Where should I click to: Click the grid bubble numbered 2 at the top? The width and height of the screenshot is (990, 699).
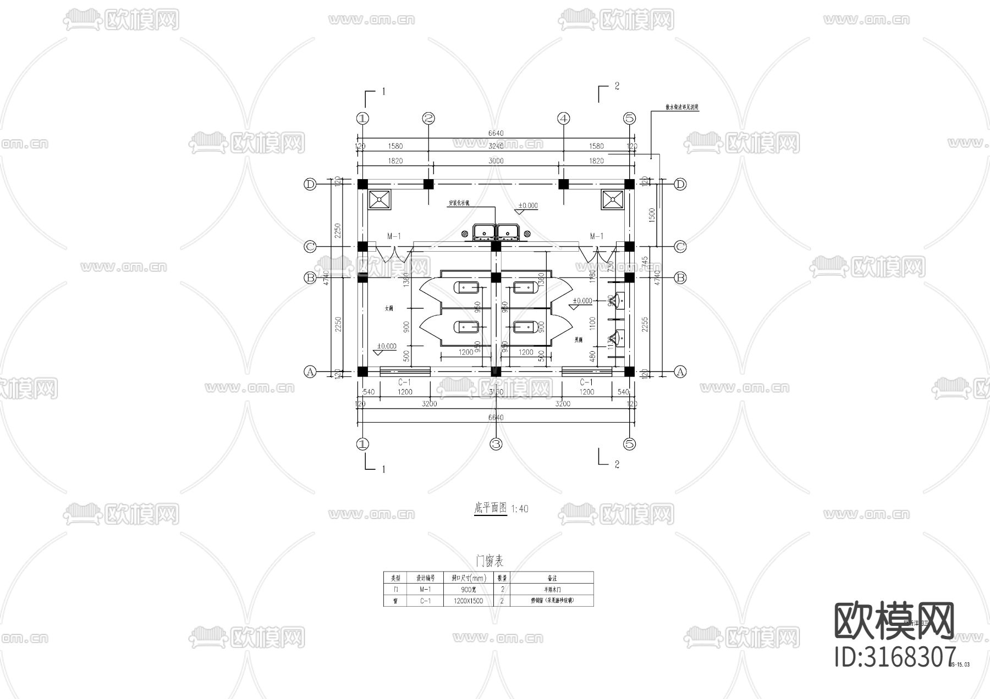(x=429, y=118)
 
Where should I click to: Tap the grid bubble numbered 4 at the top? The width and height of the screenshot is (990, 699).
(x=564, y=118)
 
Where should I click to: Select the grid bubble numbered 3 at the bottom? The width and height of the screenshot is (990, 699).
(x=496, y=443)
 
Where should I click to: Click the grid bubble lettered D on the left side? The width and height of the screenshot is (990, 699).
(x=310, y=184)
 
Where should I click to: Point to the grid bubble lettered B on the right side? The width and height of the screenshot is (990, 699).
(x=680, y=278)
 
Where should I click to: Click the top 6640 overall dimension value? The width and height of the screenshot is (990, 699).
(x=496, y=134)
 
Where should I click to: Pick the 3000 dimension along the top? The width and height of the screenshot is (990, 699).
(x=496, y=161)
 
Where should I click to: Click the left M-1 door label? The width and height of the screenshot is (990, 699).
(x=394, y=236)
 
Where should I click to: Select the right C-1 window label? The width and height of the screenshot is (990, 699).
(x=587, y=382)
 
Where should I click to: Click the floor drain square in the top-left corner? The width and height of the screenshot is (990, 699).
(x=380, y=200)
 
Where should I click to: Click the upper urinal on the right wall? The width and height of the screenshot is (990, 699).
(x=619, y=300)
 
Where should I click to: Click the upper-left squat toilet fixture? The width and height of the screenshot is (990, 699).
(x=468, y=287)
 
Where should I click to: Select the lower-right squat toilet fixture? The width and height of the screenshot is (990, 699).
(x=526, y=328)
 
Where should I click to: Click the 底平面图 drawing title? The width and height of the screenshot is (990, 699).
(x=490, y=508)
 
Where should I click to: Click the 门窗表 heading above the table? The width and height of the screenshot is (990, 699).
(x=489, y=561)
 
